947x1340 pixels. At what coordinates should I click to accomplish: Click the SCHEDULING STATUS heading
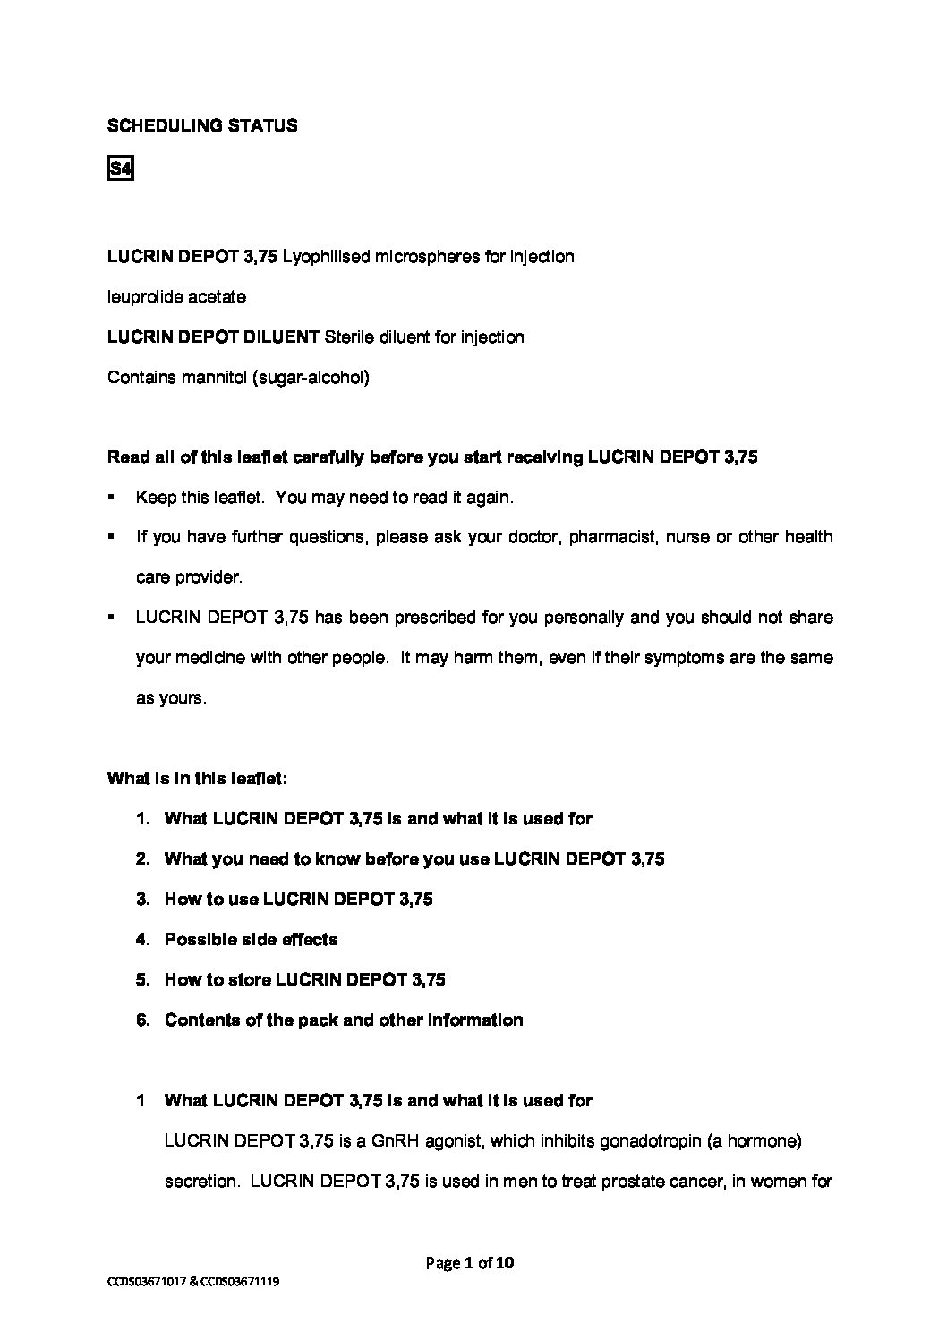point(202,126)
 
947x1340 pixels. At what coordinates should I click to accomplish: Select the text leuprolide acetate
point(176,296)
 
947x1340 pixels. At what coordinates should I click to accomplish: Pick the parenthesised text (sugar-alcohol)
point(311,377)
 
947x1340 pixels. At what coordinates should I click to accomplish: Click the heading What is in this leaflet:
point(197,778)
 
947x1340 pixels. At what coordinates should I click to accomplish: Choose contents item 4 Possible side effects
point(251,939)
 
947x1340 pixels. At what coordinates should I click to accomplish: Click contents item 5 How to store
point(304,979)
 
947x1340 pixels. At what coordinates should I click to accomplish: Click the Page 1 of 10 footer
point(470,1264)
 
